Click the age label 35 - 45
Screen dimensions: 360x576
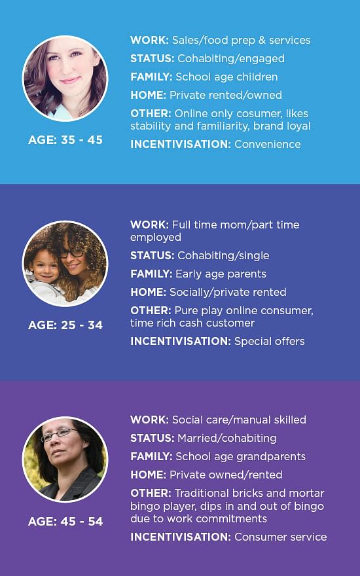point(65,140)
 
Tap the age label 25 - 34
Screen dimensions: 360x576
point(65,325)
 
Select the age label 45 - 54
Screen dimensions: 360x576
point(65,521)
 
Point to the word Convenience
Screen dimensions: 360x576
point(268,144)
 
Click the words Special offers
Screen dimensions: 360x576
point(270,342)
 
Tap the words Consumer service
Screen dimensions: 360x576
point(281,537)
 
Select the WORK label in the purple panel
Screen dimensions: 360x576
point(149,420)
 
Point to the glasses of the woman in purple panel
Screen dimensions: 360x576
point(59,434)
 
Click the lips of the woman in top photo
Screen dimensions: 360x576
point(70,80)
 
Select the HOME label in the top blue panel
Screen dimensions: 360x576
point(149,95)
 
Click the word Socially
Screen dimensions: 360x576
point(186,293)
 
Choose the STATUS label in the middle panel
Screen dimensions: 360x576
point(153,256)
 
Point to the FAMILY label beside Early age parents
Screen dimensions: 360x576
point(151,274)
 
